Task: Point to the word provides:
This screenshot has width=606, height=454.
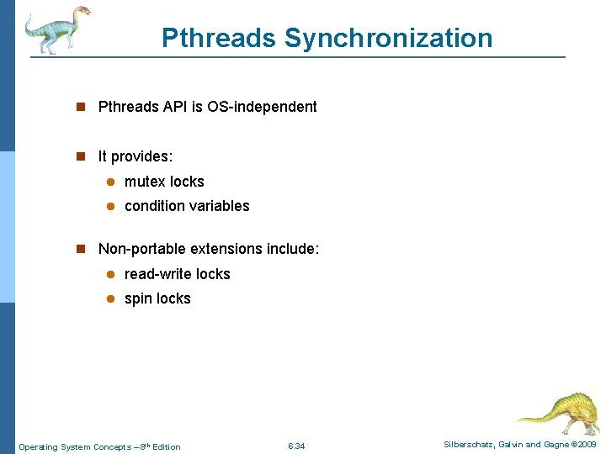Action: point(142,156)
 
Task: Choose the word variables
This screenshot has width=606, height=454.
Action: point(221,206)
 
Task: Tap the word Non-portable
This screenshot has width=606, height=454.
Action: point(142,249)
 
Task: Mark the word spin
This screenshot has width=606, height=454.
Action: point(138,298)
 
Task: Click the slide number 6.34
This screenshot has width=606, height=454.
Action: point(296,446)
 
